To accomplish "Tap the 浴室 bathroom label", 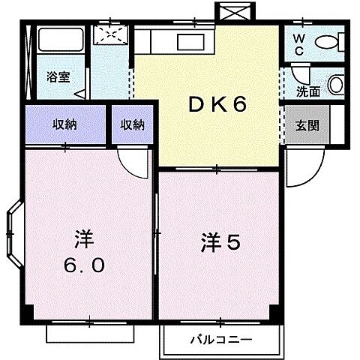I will [x=58, y=77].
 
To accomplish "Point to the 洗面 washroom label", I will [x=307, y=93].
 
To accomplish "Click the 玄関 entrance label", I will [x=307, y=125].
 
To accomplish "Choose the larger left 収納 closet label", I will [x=64, y=124].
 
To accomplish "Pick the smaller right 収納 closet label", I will [x=133, y=124].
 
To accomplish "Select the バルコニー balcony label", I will [x=215, y=339].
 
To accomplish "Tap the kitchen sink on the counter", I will [x=187, y=41].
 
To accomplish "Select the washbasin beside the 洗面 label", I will [x=335, y=84].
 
